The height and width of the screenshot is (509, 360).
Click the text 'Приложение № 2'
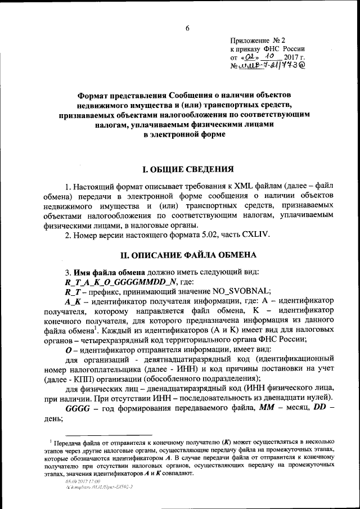point(258,40)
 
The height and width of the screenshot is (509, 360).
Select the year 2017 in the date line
point(292,57)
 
